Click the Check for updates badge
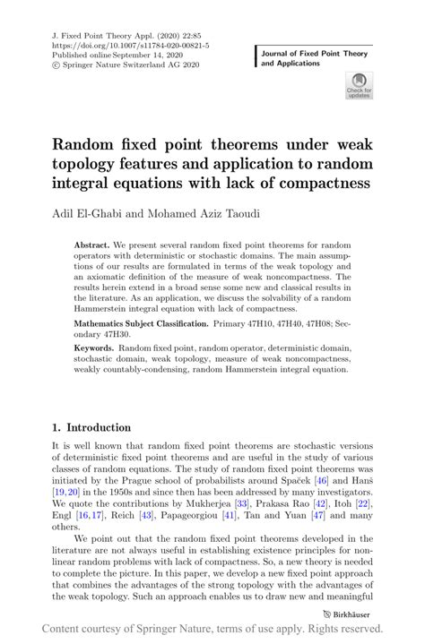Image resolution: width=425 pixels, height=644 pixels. coord(360,87)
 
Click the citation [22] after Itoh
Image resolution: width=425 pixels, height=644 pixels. coord(363,503)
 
